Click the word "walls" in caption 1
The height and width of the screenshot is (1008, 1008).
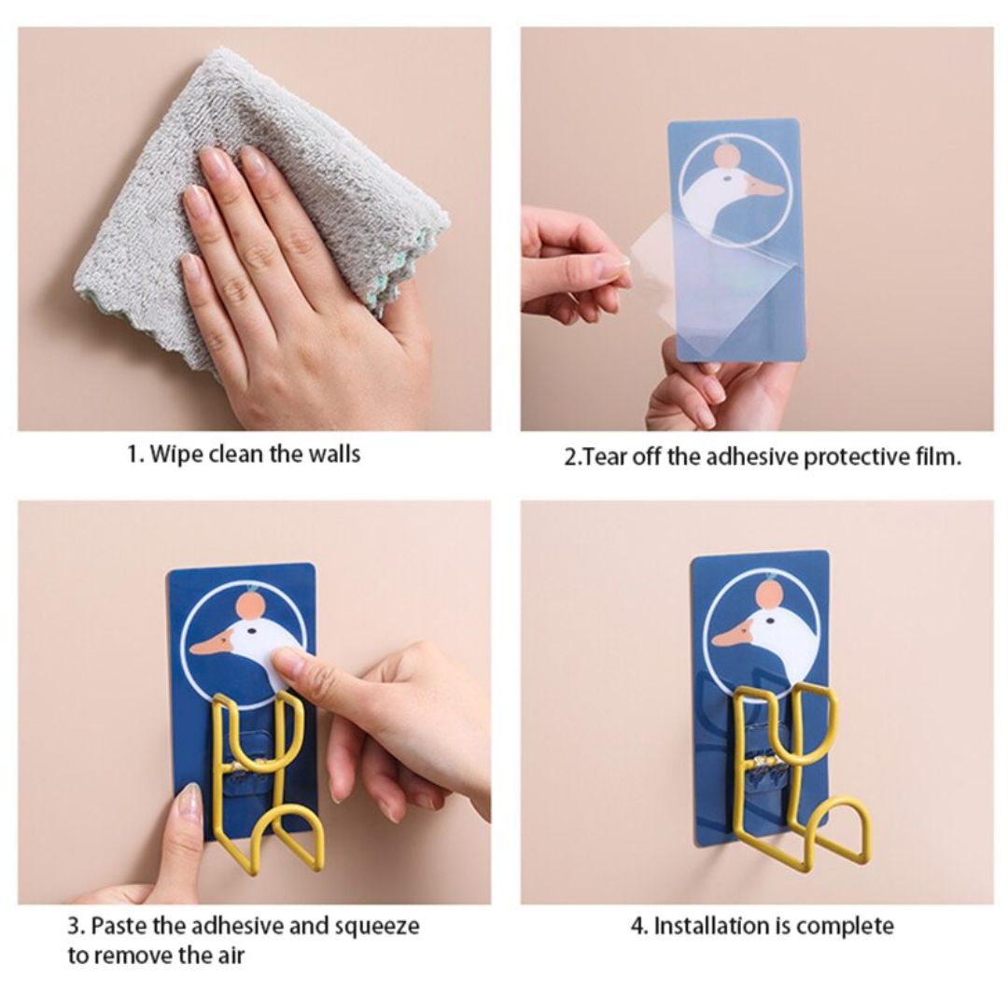tap(334, 454)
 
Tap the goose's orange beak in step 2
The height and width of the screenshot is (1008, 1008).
tap(763, 188)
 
